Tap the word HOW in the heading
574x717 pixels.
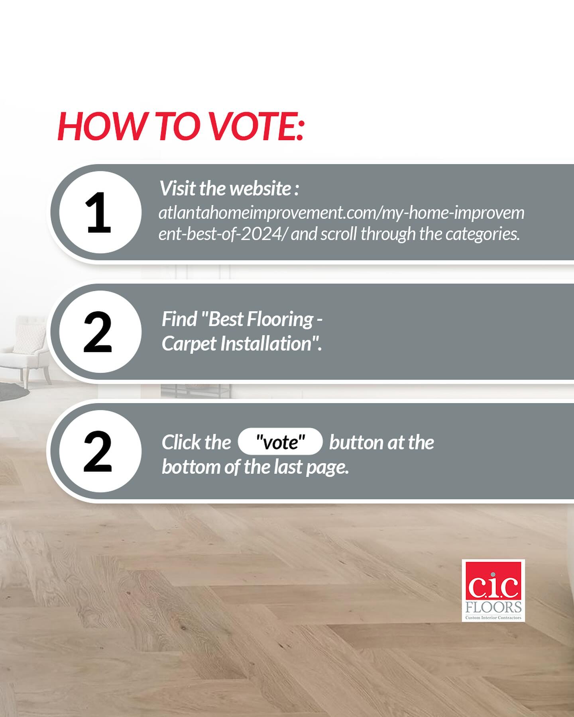coord(102,126)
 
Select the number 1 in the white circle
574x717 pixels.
coord(98,213)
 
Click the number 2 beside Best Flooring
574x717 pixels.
coord(98,332)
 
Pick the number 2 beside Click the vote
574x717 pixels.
coord(98,452)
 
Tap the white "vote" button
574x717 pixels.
coord(280,441)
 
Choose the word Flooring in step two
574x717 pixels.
coord(280,319)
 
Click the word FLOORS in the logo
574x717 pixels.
coord(493,607)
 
